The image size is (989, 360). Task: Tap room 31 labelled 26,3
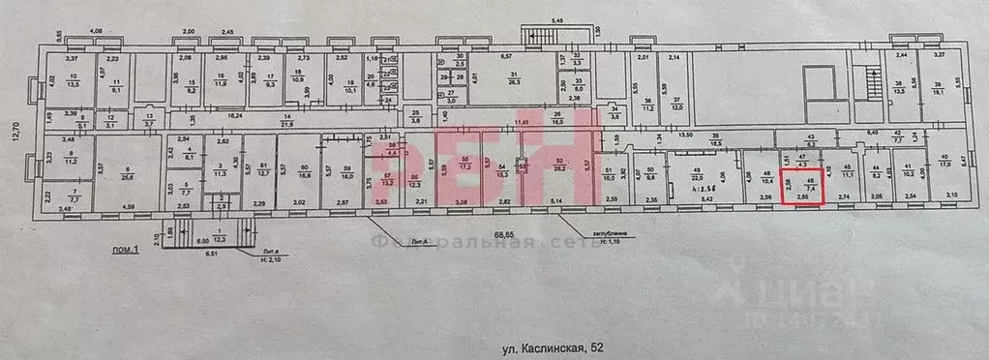pyautogui.click(x=515, y=80)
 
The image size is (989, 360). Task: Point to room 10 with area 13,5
pyautogui.click(x=72, y=81)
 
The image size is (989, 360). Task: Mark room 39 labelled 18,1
pyautogui.click(x=938, y=85)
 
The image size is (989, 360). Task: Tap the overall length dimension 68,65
pyautogui.click(x=504, y=233)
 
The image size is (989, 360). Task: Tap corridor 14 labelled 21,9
pyautogui.click(x=285, y=120)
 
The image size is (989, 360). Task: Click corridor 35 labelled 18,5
pyautogui.click(x=716, y=140)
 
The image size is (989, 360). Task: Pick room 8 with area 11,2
pyautogui.click(x=71, y=160)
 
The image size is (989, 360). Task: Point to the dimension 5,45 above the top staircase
pyautogui.click(x=556, y=18)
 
